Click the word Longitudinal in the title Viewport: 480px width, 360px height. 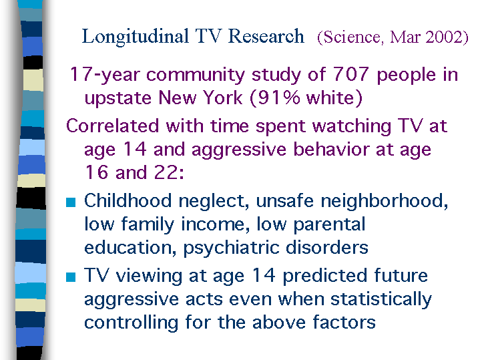tap(135, 37)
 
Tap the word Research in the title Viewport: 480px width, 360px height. tap(266, 36)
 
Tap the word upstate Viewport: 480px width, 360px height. tap(118, 98)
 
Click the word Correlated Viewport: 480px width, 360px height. tap(113, 126)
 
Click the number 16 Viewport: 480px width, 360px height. tap(97, 172)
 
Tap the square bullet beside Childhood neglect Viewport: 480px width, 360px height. tap(71, 202)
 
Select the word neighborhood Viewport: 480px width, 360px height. tap(383, 201)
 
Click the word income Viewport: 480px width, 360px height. tap(213, 224)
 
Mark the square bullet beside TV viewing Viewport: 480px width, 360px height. tap(71, 277)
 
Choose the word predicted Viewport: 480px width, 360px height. tap(324, 276)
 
